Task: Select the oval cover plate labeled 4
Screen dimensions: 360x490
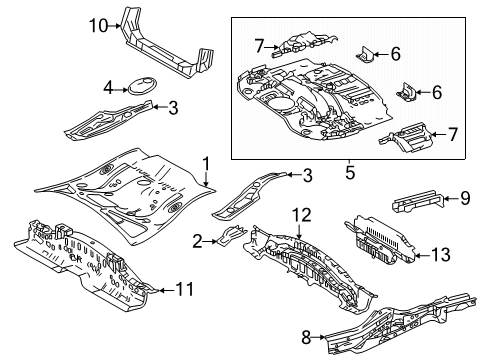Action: tap(139, 87)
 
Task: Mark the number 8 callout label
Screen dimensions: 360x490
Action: tap(307, 337)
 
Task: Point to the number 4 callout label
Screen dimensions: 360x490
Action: tap(107, 87)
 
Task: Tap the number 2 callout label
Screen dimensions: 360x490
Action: tap(199, 240)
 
